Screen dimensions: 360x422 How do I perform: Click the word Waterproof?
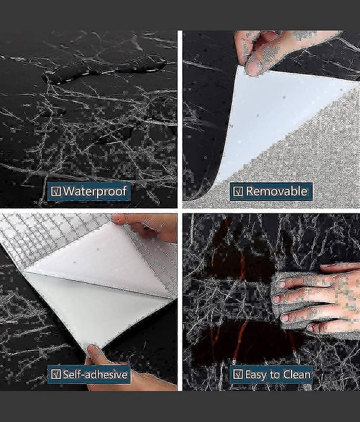coord(95,191)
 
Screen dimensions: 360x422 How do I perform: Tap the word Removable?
coord(277,191)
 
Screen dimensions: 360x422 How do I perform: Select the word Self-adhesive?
coord(95,375)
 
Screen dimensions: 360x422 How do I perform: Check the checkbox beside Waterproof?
coord(56,191)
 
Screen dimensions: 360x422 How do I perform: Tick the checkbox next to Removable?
coord(238,191)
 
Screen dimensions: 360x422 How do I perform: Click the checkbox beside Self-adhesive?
coord(56,375)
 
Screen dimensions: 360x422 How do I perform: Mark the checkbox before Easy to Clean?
coord(238,375)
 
